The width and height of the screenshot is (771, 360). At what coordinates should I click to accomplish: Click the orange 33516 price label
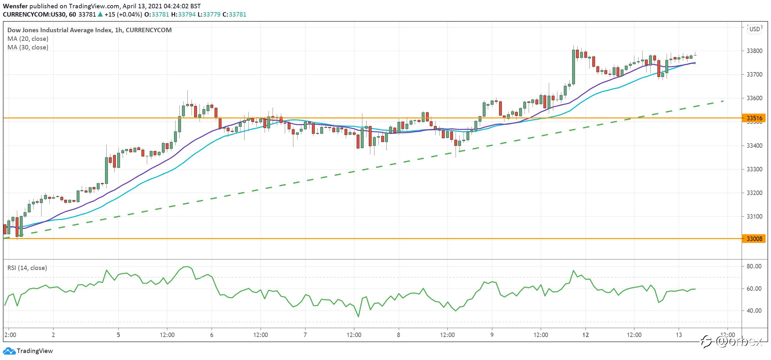pyautogui.click(x=754, y=118)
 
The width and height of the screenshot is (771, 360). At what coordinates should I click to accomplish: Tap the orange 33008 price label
pyautogui.click(x=754, y=239)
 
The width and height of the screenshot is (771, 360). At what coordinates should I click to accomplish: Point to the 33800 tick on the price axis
pyautogui.click(x=754, y=51)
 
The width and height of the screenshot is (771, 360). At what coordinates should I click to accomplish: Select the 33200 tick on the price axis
pyautogui.click(x=754, y=193)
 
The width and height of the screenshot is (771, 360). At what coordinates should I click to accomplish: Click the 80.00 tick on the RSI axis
pyautogui.click(x=754, y=266)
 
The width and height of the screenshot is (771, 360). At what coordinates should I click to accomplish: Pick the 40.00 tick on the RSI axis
pyautogui.click(x=754, y=311)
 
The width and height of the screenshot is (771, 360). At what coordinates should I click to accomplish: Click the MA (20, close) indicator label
pyautogui.click(x=28, y=39)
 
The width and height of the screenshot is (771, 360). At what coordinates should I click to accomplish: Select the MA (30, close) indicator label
pyautogui.click(x=28, y=47)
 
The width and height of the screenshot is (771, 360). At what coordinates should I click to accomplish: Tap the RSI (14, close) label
pyautogui.click(x=27, y=268)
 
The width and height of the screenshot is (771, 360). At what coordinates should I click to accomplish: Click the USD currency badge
pyautogui.click(x=755, y=29)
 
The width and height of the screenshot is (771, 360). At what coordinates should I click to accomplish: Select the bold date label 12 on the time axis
pyautogui.click(x=585, y=335)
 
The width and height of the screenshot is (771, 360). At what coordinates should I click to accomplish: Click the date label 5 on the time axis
pyautogui.click(x=118, y=335)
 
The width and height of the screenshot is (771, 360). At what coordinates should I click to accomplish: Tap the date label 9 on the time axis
pyautogui.click(x=492, y=335)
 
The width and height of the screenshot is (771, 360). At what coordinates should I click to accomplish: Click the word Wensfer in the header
pyautogui.click(x=15, y=6)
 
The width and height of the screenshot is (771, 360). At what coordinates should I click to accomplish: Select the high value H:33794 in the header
pyautogui.click(x=183, y=14)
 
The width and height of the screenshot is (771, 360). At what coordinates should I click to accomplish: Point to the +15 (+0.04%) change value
pyautogui.click(x=123, y=14)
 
